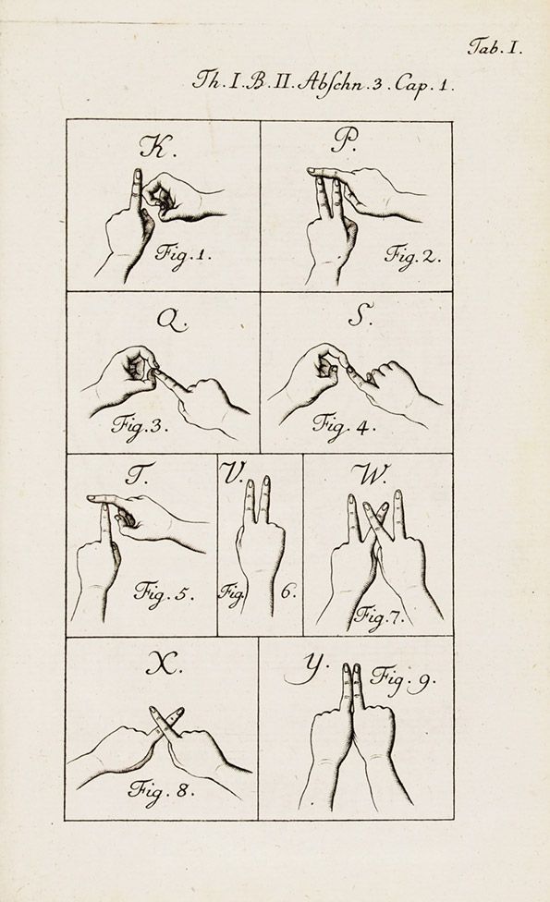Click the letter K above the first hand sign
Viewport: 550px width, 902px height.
coord(154,147)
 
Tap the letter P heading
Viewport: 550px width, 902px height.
coord(344,141)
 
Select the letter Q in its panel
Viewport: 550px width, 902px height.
coord(171,320)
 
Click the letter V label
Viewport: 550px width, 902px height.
coord(232,473)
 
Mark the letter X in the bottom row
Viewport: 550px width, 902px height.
coord(164,664)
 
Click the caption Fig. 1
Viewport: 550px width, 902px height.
coord(182,254)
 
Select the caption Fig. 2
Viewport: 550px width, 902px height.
coord(412,254)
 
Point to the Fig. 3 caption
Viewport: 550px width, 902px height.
coord(140,427)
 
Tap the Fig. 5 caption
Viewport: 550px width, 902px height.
coord(164,591)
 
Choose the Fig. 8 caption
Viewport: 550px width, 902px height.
coord(161,790)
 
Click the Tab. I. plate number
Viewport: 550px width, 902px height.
coord(495,46)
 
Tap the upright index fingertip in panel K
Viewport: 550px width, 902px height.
coord(137,171)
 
